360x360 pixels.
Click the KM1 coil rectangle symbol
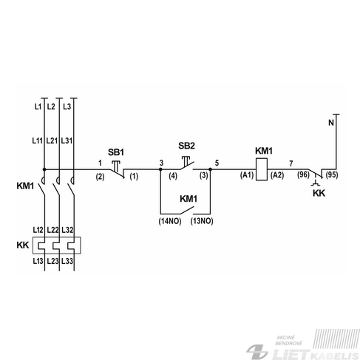pyautogui.click(x=262, y=169)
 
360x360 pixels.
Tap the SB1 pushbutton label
pyautogui.click(x=116, y=152)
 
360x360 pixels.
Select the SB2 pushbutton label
pyautogui.click(x=186, y=146)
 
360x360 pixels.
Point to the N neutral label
pyautogui.click(x=331, y=123)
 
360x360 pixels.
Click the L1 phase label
pyautogui.click(x=38, y=106)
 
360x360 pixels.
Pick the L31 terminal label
pyautogui.click(x=67, y=140)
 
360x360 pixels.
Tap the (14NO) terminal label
pyautogui.click(x=170, y=221)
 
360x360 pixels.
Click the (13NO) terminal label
pyautogui.click(x=202, y=221)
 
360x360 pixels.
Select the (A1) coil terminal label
pyautogui.click(x=247, y=175)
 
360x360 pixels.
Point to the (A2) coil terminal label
pyautogui.click(x=277, y=175)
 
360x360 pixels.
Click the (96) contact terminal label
pyautogui.click(x=303, y=174)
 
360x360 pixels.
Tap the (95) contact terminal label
pyautogui.click(x=332, y=174)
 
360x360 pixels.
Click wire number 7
pyautogui.click(x=291, y=163)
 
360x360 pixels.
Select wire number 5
pyautogui.click(x=217, y=163)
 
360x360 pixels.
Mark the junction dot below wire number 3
pyautogui.click(x=160, y=169)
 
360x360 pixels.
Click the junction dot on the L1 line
pyautogui.click(x=44, y=169)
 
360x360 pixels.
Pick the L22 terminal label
pyautogui.click(x=52, y=230)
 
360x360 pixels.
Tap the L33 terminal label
pyautogui.click(x=67, y=261)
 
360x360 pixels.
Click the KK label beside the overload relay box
pyautogui.click(x=23, y=245)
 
